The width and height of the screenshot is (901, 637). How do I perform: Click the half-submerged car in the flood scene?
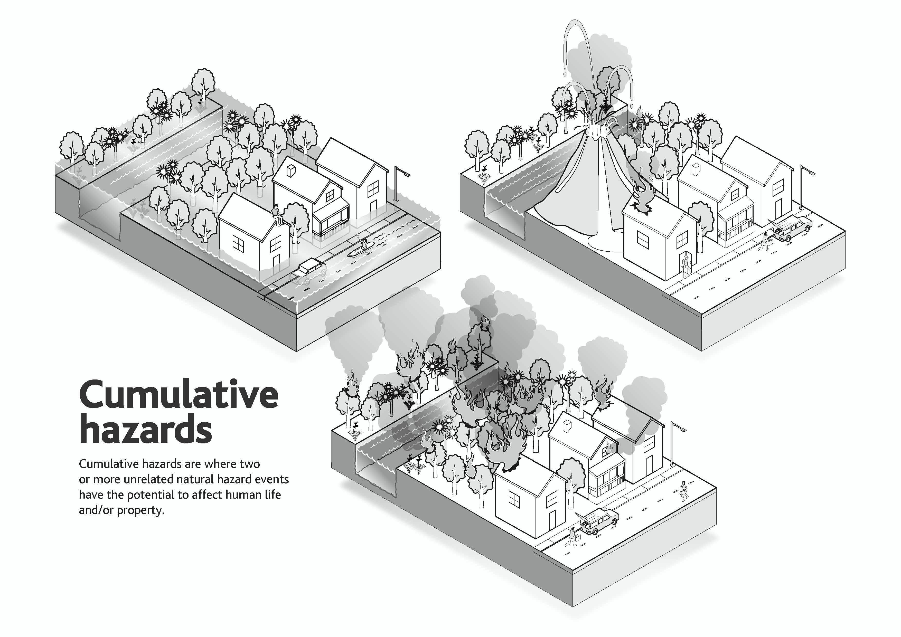(308, 270)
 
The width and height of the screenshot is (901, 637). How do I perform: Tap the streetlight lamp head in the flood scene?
(405, 173)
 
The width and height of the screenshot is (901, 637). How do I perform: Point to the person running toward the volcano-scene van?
(764, 241)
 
